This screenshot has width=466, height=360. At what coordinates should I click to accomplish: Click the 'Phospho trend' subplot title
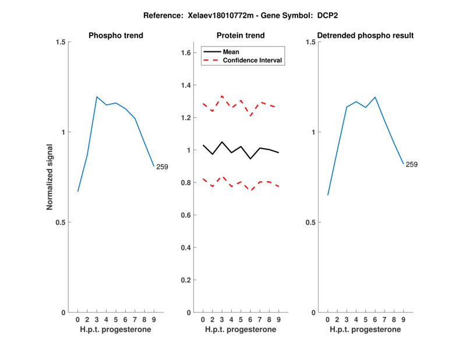point(116,36)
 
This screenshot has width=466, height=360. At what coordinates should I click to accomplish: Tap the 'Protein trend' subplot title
point(241,36)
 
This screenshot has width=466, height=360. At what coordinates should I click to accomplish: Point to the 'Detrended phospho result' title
point(365,36)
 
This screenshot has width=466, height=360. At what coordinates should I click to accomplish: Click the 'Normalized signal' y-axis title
point(50,177)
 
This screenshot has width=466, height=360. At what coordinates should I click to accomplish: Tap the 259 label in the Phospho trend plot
point(162,167)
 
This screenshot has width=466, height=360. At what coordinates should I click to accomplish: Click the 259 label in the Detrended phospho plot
point(411,165)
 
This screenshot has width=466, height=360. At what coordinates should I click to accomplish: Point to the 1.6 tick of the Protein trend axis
point(186,53)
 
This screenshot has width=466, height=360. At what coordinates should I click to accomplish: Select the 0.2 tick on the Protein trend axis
point(186,280)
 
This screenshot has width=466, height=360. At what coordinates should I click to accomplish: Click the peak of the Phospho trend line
point(97,97)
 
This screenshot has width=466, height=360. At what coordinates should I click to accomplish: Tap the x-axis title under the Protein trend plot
point(241,330)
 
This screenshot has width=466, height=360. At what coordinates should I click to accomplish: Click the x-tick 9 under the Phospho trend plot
point(153,320)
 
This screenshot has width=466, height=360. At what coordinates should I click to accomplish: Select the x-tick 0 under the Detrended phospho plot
point(327,320)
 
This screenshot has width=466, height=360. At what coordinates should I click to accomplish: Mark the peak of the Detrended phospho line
point(375,97)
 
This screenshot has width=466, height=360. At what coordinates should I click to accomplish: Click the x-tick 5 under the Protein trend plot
point(241,320)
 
